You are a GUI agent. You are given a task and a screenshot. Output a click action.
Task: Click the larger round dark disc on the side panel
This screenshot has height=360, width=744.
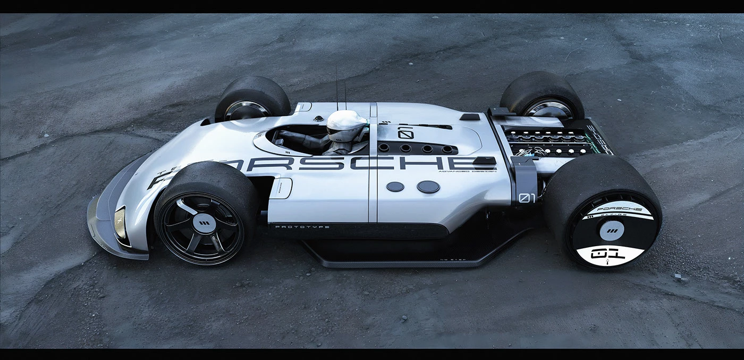[x=428, y=187]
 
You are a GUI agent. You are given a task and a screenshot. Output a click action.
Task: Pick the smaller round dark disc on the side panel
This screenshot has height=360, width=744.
[x=395, y=186]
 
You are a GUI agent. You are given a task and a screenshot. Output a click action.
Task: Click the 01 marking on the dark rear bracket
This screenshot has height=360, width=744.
[x=527, y=198]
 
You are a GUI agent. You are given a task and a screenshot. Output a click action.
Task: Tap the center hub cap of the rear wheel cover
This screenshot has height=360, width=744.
[x=612, y=231]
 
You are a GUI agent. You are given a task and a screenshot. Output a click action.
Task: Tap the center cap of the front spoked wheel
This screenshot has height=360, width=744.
[x=204, y=223]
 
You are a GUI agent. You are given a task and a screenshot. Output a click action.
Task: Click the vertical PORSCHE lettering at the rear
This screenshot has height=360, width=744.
[x=601, y=139]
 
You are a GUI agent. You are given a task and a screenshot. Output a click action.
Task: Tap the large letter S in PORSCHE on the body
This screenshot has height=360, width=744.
[x=368, y=163]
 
